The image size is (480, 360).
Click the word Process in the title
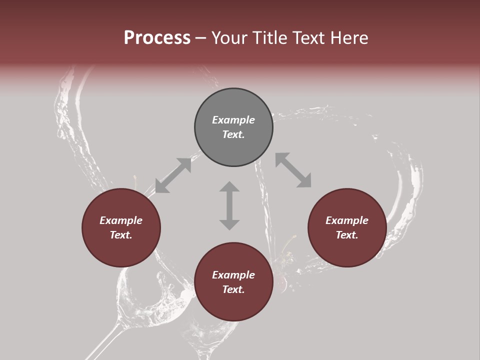click(x=157, y=38)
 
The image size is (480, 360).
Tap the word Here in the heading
click(x=349, y=38)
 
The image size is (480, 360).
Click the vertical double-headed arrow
click(x=229, y=205)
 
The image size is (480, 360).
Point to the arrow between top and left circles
click(x=173, y=175)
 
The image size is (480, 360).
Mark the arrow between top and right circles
click(x=293, y=170)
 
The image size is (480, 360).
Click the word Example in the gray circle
click(x=233, y=120)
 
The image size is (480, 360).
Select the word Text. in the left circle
click(x=121, y=235)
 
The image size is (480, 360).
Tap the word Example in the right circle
click(x=347, y=220)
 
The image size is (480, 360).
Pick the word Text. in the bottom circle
click(x=233, y=289)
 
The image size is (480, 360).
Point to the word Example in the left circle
click(x=121, y=220)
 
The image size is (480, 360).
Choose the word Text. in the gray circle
click(x=233, y=134)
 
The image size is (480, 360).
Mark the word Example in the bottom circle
click(x=233, y=275)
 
